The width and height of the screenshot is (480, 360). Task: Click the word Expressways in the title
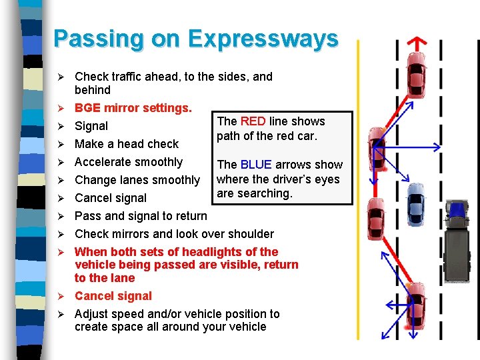point(263,39)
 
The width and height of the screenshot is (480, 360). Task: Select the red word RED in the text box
point(253,121)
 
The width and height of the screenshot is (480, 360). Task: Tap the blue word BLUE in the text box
point(256,165)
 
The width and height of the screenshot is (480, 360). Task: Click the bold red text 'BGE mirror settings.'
point(133,108)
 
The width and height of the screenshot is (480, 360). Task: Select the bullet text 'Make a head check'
point(126,144)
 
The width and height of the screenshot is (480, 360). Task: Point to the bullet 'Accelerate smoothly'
point(128,162)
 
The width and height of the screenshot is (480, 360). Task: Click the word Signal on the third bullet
point(91,126)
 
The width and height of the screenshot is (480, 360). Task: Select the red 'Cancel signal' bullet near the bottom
point(113,296)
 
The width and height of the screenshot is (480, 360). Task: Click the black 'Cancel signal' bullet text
point(110,198)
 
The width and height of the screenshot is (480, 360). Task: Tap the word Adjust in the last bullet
point(92,314)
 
